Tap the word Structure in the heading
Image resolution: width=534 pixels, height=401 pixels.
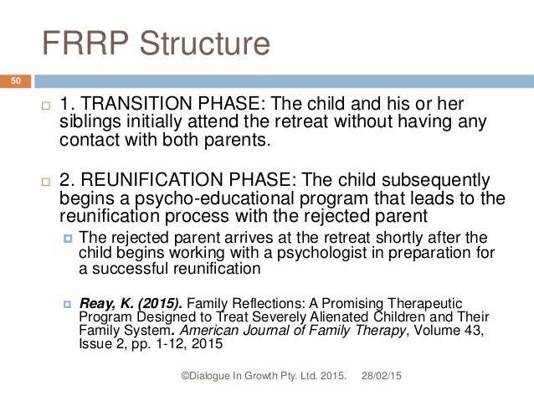(x=205, y=42)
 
